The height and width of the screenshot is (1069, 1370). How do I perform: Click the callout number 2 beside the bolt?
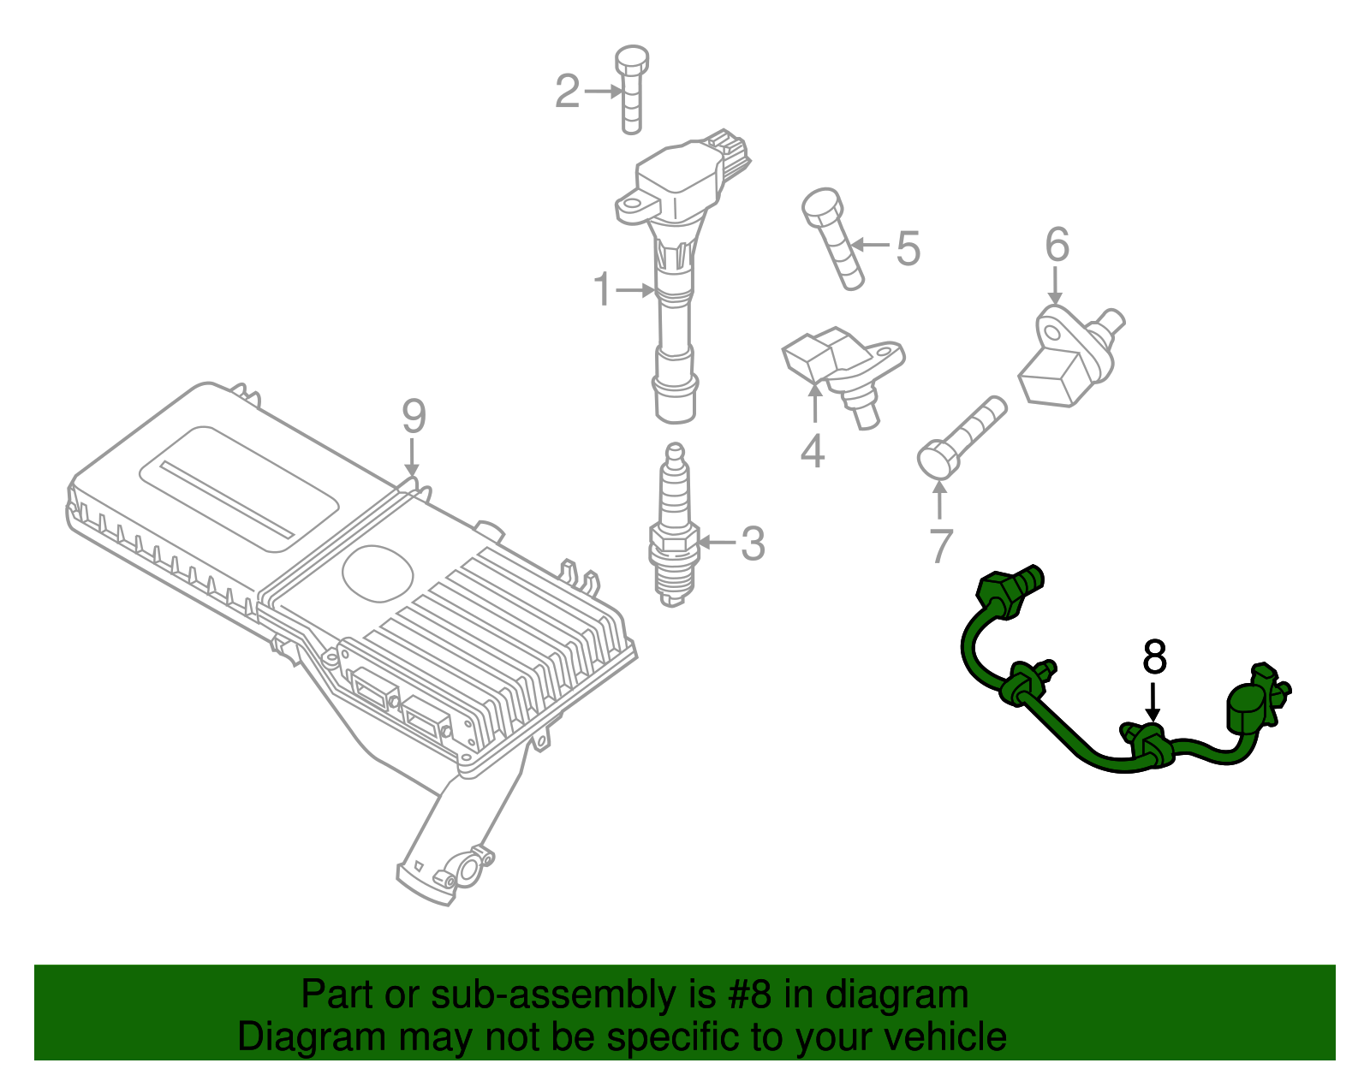coord(567,92)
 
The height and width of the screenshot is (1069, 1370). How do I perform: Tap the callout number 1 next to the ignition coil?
coord(603,290)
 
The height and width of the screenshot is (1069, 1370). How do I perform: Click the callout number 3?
coord(752,543)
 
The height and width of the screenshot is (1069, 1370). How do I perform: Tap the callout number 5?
coord(908,248)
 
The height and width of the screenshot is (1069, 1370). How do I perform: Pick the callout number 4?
coord(812,451)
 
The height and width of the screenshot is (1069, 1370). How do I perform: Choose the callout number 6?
coord(1057,245)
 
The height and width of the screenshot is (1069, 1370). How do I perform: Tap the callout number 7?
coord(940,546)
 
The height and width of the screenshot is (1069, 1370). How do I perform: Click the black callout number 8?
coord(1154,657)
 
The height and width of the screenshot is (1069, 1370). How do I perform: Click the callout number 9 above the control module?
coord(414,417)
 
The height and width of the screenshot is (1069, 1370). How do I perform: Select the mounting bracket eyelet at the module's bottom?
coord(469,870)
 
